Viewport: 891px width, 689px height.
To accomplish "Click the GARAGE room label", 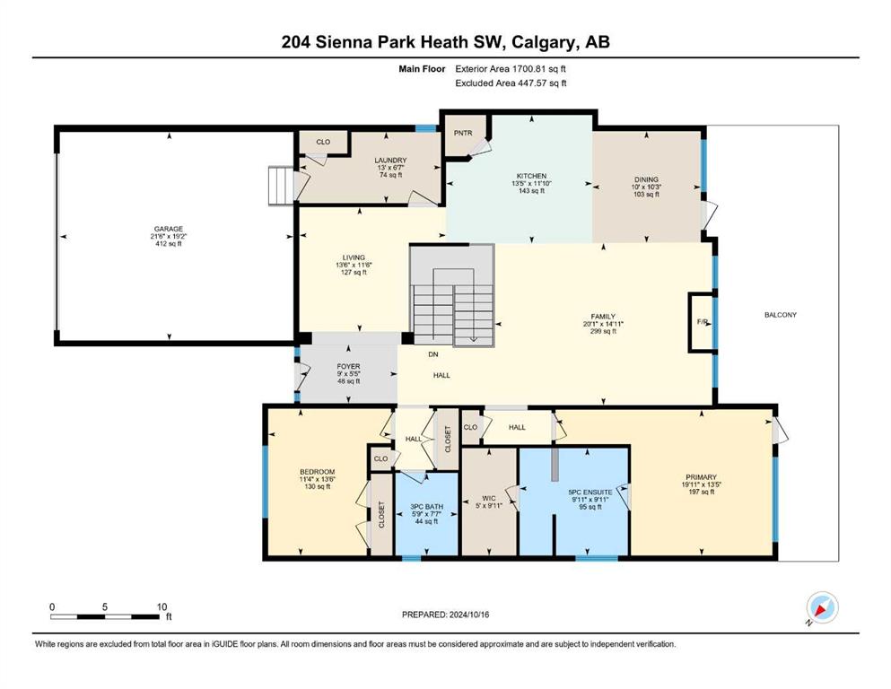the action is (169, 229).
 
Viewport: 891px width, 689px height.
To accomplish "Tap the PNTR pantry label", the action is (463, 133).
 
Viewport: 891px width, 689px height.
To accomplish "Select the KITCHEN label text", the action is (531, 176).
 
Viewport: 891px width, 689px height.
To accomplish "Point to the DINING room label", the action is (646, 179).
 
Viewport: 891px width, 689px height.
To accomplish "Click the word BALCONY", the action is (781, 315).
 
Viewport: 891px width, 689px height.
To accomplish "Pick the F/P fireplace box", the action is (702, 322).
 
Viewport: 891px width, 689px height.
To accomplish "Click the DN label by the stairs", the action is (433, 354).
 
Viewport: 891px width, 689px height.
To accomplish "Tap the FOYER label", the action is (348, 367).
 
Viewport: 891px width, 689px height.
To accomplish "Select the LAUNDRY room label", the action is (390, 161).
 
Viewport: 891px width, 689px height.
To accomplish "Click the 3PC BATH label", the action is (427, 507).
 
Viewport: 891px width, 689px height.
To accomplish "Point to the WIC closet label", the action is (489, 499).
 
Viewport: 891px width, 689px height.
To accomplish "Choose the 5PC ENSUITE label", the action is (590, 493).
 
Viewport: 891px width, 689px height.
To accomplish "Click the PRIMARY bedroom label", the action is (701, 477).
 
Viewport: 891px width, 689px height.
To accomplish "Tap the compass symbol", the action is (822, 608).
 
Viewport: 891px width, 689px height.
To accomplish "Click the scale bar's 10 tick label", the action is (162, 607).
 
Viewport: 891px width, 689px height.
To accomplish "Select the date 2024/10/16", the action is (469, 615).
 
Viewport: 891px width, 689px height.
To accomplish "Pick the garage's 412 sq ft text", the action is (169, 244).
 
